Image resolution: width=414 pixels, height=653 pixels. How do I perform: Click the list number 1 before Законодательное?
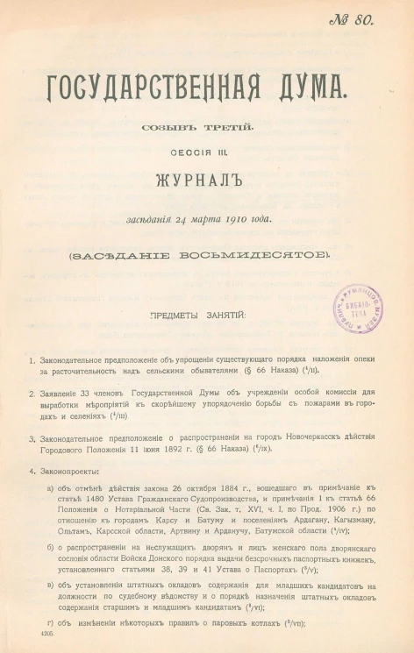[31, 360]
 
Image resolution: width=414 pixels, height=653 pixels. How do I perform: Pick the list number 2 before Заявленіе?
[31, 394]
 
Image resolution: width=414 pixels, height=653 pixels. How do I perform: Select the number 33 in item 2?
[87, 394]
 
